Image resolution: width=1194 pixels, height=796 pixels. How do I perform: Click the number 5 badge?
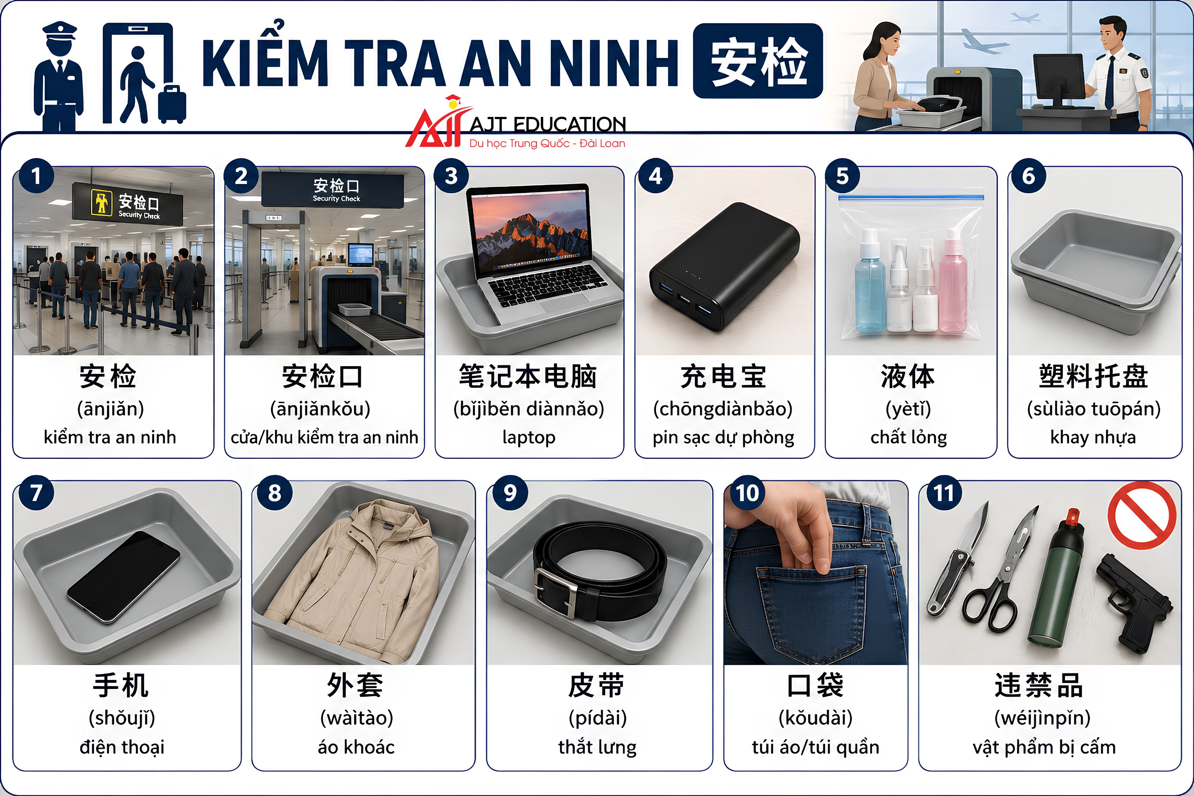[x=842, y=176]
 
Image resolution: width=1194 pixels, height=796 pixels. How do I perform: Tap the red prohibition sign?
[x=1142, y=515]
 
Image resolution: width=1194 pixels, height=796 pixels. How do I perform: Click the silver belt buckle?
[x=556, y=591]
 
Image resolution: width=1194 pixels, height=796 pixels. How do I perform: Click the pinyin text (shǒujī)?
[x=122, y=718]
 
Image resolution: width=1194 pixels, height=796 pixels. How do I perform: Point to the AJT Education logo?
[x=515, y=123]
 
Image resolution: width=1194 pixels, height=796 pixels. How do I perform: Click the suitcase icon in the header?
[x=172, y=104]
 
